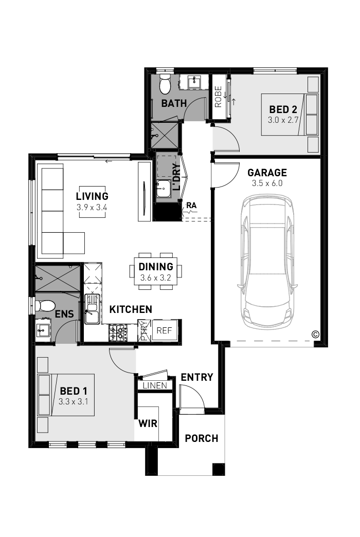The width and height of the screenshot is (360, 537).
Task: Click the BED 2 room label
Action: (x=283, y=109)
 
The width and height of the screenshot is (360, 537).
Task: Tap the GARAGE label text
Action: (x=267, y=173)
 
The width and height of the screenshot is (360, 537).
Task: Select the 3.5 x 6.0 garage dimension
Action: (x=267, y=183)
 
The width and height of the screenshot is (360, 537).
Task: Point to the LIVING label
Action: (x=92, y=196)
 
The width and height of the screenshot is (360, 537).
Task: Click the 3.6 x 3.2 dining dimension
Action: (x=156, y=277)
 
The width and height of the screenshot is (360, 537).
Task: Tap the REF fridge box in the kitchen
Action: (x=164, y=330)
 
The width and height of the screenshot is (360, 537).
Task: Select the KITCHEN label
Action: (x=131, y=309)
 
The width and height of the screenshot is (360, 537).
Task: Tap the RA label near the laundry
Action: (x=192, y=206)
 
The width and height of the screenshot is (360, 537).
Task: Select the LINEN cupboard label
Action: (x=155, y=385)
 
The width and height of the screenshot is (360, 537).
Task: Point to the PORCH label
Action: (x=202, y=439)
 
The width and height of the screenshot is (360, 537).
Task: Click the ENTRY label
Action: (x=196, y=377)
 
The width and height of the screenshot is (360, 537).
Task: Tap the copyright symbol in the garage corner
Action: (x=315, y=335)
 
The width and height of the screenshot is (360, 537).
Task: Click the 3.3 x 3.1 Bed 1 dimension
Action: (x=74, y=402)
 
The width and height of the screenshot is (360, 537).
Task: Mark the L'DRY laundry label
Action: (x=176, y=177)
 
